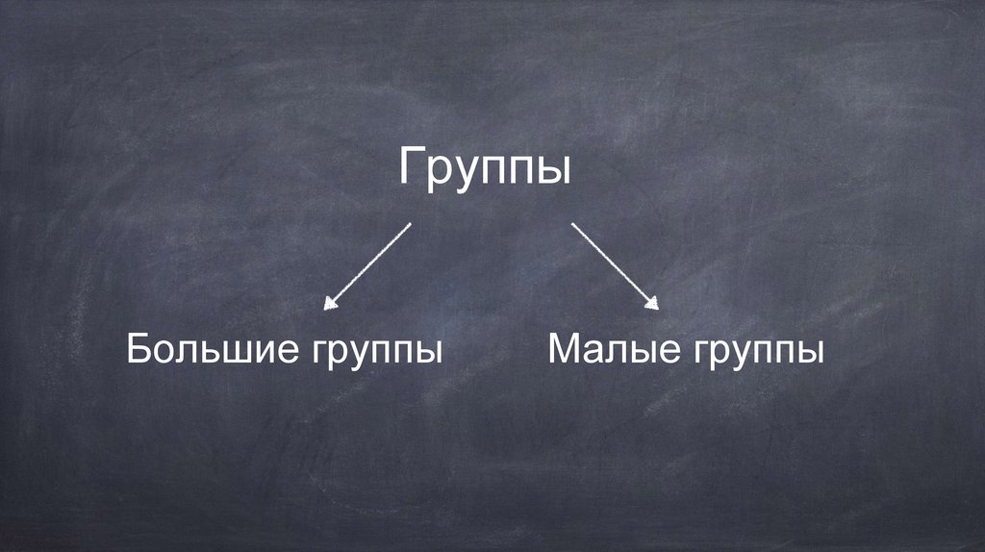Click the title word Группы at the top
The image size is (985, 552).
(x=485, y=169)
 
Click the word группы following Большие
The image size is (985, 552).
(x=377, y=353)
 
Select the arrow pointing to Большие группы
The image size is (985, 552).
(x=368, y=265)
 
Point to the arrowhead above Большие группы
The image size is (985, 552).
(x=330, y=304)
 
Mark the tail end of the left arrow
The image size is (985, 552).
(x=409, y=225)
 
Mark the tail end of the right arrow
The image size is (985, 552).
(x=573, y=225)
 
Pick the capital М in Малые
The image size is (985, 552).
(x=565, y=349)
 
